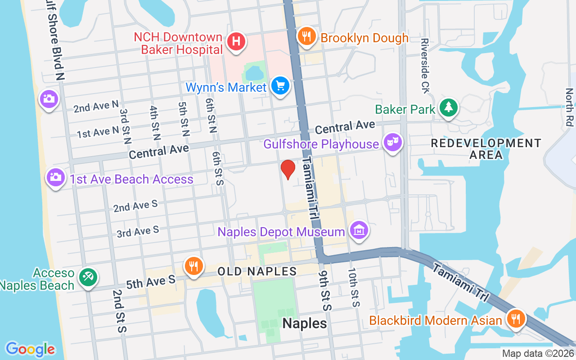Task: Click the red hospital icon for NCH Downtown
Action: coord(236,42)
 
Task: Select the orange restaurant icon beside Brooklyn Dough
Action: coord(306,36)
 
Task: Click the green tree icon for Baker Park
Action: coord(449,108)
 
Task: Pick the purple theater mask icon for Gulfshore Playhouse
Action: coord(392,143)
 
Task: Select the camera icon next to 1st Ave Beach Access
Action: coord(55,177)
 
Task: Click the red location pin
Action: coord(288,169)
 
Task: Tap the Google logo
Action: coord(30,349)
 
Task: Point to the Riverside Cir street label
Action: coord(425,66)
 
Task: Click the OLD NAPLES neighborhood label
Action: coord(257,271)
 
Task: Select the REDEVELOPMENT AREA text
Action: coord(486,149)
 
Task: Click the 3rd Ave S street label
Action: coord(138,232)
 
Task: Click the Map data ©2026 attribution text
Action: coord(538,353)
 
